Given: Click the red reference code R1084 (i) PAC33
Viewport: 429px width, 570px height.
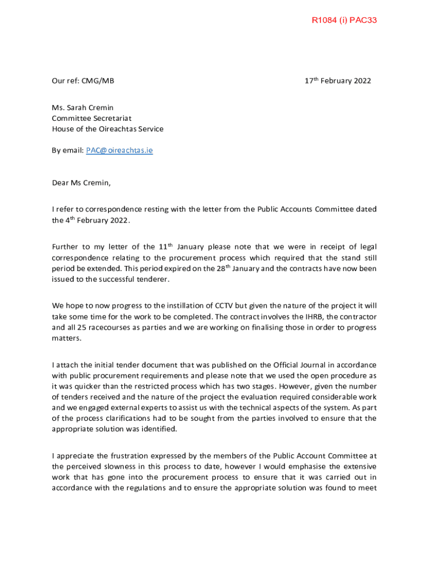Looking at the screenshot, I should point(344,21).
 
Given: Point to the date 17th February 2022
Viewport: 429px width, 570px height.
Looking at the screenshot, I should point(337,81).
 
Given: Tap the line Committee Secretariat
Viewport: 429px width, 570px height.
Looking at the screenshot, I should point(91,118).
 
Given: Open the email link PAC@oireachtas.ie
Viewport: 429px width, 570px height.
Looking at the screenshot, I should point(119,150).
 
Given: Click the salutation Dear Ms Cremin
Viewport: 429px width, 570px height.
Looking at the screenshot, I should point(81,182).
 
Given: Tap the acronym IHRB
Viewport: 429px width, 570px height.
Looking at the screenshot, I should point(306,317).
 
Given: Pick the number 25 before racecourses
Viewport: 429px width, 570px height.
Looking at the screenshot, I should point(85,327).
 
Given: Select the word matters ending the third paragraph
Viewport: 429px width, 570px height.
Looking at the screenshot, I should point(65,338).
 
